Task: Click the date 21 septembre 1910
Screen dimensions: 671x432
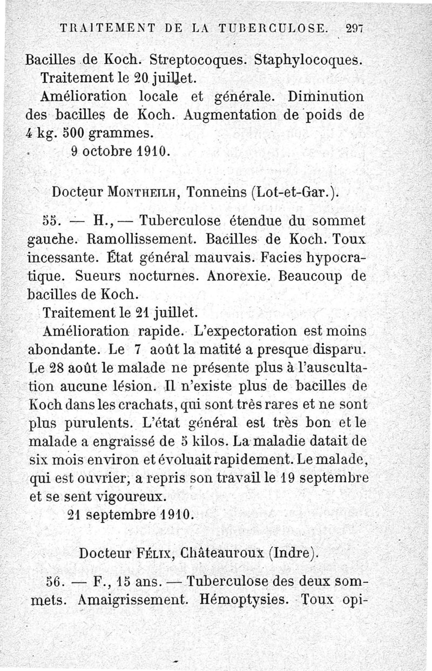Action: click(x=131, y=514)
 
